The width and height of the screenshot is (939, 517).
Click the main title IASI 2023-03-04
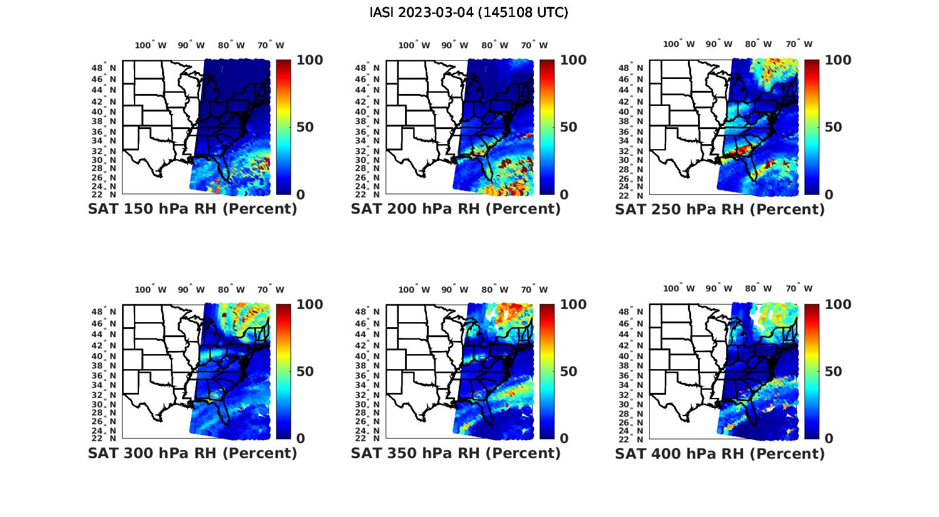point(469,13)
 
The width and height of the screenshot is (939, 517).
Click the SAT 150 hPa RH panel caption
point(192,209)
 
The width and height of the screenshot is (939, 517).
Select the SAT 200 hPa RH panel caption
point(456,209)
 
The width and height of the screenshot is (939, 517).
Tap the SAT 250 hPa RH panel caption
point(720,209)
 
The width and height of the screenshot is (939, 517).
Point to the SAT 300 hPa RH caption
point(192,453)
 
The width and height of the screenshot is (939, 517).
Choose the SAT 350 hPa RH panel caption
point(456,453)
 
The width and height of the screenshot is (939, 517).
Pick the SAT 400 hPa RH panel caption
point(720,453)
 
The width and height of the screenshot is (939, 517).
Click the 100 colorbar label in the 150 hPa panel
point(309,60)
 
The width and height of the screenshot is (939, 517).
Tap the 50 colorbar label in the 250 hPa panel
point(833,127)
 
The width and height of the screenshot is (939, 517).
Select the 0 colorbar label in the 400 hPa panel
point(829,439)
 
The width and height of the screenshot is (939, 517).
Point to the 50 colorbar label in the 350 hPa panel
point(568,372)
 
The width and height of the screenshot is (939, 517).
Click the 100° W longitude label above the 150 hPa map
point(151,45)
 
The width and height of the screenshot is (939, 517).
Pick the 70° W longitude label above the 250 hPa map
point(799,44)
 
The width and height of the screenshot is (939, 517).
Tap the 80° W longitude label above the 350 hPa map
point(495,290)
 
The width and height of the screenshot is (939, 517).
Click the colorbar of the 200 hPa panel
point(547,127)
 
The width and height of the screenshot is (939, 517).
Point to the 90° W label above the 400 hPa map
point(719,288)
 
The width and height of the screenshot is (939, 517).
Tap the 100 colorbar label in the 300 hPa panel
point(309,305)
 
